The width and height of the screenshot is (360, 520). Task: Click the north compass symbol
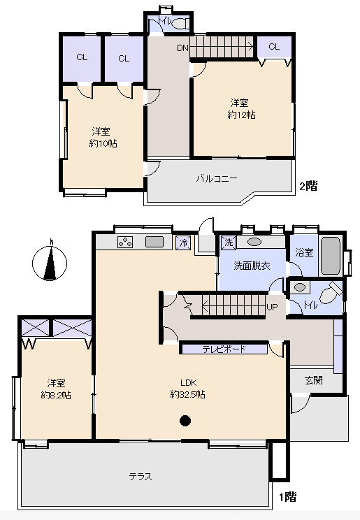coord(50,263)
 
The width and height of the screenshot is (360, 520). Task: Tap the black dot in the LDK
coord(185,421)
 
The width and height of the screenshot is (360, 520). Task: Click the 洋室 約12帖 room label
coord(241,109)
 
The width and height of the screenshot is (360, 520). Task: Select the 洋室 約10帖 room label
coord(103,137)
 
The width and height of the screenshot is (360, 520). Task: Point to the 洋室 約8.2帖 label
coord(56,389)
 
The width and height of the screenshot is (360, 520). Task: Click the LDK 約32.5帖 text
coord(187,389)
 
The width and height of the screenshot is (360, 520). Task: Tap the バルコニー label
coord(216,179)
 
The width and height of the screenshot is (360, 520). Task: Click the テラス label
coord(141,477)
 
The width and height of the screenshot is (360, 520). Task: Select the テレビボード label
coord(224,349)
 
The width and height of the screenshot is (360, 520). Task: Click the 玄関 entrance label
coord(314,380)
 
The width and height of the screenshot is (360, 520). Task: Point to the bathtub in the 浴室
coord(331,255)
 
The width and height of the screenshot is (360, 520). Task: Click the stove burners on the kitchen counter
coord(125,242)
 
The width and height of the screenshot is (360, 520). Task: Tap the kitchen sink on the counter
coord(154,242)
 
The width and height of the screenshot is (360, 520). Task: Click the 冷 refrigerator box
coord(183,243)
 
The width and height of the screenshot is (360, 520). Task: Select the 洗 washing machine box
coord(229,242)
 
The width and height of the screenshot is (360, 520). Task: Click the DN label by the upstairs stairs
coord(182,48)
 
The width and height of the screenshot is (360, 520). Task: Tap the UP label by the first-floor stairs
coord(272,307)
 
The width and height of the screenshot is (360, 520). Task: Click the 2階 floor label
coord(308,186)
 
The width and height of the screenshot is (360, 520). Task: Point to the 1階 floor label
coord(287,497)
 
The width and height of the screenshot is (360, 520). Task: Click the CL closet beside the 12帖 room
coord(274,47)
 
